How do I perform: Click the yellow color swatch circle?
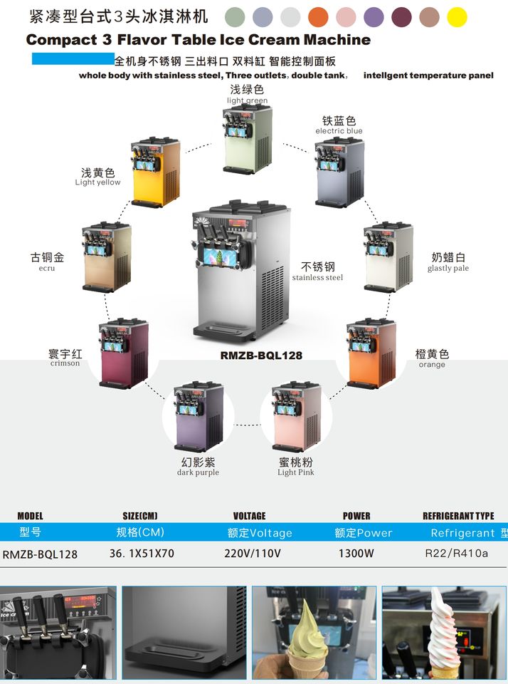(457, 17)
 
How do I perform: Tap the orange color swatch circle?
(318, 17)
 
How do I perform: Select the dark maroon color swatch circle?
(402, 17)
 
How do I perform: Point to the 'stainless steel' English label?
(317, 278)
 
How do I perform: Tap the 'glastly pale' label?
(448, 269)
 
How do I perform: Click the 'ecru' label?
(47, 269)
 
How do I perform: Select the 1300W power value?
(356, 553)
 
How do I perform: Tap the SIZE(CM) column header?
(140, 516)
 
